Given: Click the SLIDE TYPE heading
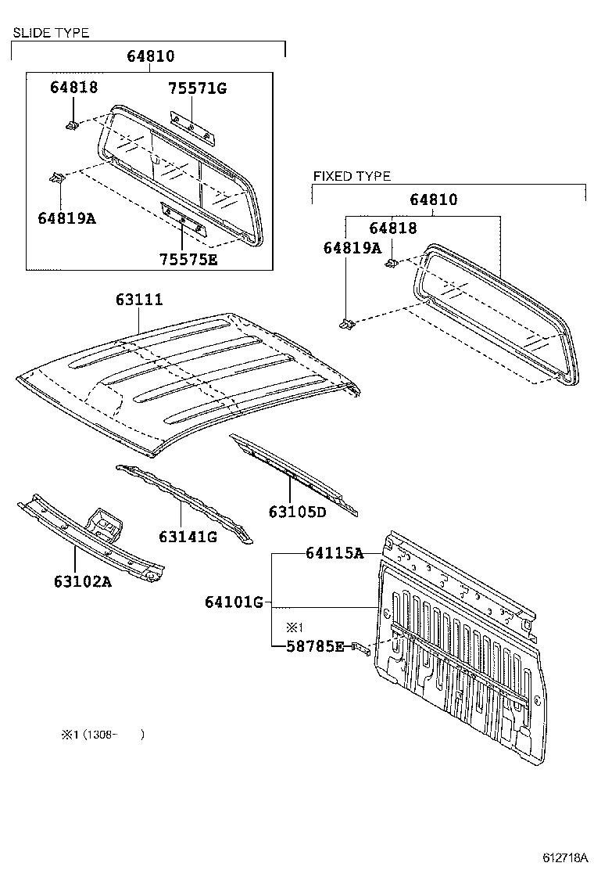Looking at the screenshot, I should coord(50,33).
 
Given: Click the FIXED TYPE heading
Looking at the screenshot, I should coord(352,176).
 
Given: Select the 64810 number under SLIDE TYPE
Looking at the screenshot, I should coord(150,56).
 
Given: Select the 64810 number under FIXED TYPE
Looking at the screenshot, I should coord(434,200).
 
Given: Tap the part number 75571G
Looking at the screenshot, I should coord(197,88).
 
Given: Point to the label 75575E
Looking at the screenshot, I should coord(188,259).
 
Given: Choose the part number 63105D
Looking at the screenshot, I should coord(297,512).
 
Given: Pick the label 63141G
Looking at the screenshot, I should coord(187,537).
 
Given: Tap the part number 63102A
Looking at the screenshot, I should coord(82,581).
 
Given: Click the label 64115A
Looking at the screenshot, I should coord(335,553).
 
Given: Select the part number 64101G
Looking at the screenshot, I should coord(234,602).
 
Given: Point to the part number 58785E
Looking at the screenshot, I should coord(313,646).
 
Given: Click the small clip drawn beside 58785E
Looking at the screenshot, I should coord(360,648).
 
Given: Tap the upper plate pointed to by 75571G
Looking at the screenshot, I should coord(191,126).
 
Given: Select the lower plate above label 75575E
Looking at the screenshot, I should coord(181,219).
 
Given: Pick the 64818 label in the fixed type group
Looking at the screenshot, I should coord(393,228).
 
